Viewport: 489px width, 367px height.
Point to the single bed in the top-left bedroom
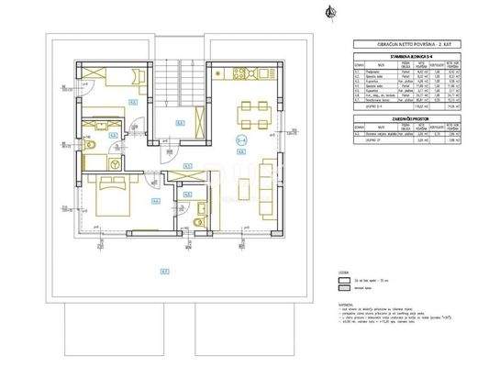(x=100, y=78)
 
